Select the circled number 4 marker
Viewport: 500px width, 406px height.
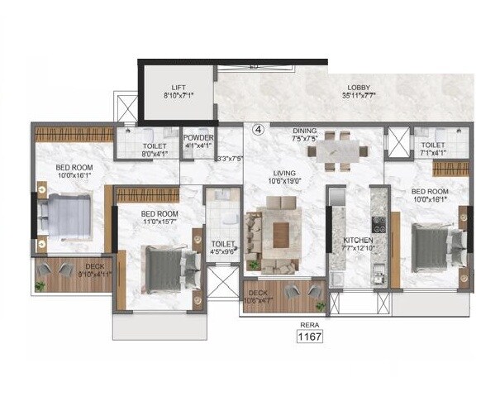(257, 130)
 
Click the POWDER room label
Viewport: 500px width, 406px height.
(198, 138)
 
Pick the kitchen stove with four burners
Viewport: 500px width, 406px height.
(379, 224)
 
